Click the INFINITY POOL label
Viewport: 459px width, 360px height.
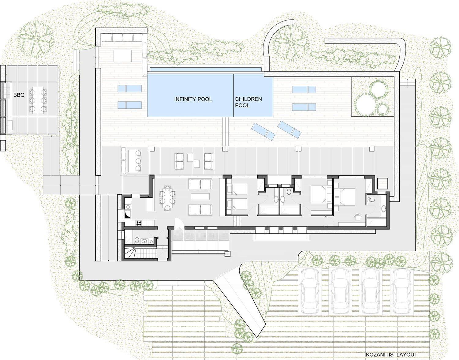pyautogui.click(x=193, y=99)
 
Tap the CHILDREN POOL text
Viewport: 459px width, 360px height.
pyautogui.click(x=248, y=102)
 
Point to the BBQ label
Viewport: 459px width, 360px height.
pyautogui.click(x=19, y=95)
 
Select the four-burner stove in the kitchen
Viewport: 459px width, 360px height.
pyautogui.click(x=139, y=223)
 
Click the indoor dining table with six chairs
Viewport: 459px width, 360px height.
pyautogui.click(x=167, y=198)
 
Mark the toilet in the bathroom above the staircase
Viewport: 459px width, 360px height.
pyautogui.click(x=137, y=240)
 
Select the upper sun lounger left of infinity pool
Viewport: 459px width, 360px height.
pyautogui.click(x=129, y=88)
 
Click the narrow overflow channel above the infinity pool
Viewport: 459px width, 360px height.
pyautogui.click(x=205, y=69)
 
